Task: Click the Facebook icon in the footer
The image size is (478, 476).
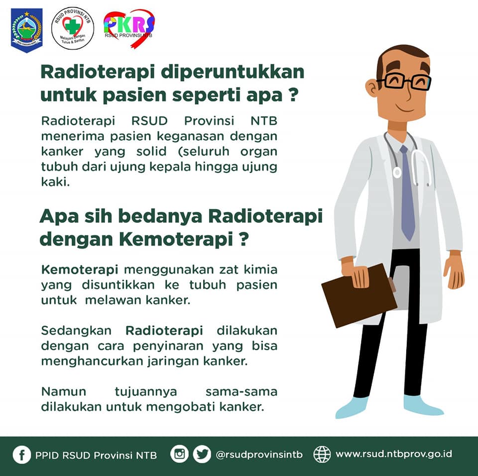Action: point(21,455)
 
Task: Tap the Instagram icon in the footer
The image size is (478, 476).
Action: point(180,454)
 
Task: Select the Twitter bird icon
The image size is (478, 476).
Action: point(202,454)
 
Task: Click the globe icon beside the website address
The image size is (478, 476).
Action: point(322,454)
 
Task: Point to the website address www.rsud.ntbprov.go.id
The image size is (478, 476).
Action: point(393,454)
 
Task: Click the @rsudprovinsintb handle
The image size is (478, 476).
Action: point(259,455)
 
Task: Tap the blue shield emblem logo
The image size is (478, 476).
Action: point(27,30)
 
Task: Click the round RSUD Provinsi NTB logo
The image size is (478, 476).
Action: point(73,28)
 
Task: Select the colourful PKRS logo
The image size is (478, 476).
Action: point(129,28)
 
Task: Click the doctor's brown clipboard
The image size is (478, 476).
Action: point(359,295)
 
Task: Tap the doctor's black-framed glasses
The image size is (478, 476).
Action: point(404,82)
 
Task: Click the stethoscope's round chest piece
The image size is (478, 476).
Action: point(397,173)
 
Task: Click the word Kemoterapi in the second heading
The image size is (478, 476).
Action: point(176,239)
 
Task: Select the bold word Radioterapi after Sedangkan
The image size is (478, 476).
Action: point(164,330)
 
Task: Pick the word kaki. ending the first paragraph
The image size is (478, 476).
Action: point(55,182)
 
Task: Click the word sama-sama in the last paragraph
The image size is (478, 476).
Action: point(241,391)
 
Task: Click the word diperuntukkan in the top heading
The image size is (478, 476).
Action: point(233,73)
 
